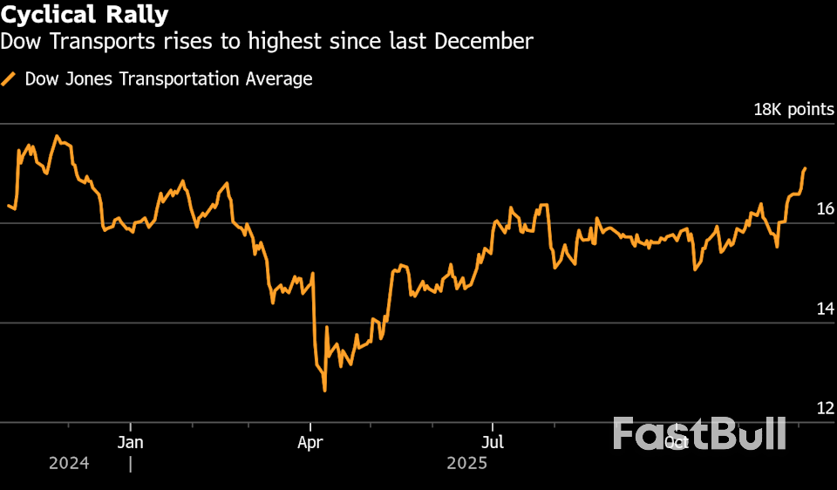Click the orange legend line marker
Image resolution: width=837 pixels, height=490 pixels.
pos(10,79)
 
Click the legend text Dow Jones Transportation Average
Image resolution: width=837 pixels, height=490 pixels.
pos(168,79)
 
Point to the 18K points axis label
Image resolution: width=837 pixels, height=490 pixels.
pos(793,110)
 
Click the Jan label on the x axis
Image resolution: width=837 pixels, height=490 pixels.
pos(130,442)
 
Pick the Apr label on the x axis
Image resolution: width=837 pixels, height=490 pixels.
pos(310,442)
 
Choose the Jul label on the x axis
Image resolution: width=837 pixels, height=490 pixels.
pos(493,442)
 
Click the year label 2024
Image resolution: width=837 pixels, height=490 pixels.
pos(69,464)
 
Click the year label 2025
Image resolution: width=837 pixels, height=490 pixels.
pos(466,464)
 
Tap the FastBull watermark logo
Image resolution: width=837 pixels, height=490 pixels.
pos(699,434)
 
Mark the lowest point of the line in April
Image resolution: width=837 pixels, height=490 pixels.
pos(324,390)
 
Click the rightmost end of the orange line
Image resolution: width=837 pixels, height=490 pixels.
pos(805,168)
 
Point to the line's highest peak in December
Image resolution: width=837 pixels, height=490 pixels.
pos(57,136)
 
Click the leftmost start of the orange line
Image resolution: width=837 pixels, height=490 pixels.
pos(8,206)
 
